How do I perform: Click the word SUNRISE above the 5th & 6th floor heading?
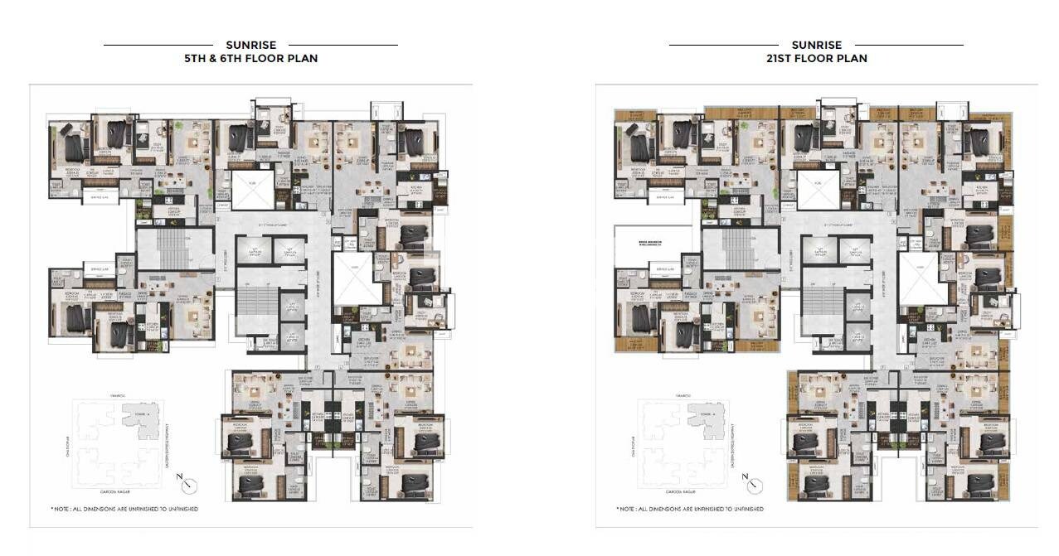250,45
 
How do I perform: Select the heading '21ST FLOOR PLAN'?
816,59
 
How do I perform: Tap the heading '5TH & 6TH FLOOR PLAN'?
250,59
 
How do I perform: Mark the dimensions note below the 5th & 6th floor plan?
124,508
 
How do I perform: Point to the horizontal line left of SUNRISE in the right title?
723,45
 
